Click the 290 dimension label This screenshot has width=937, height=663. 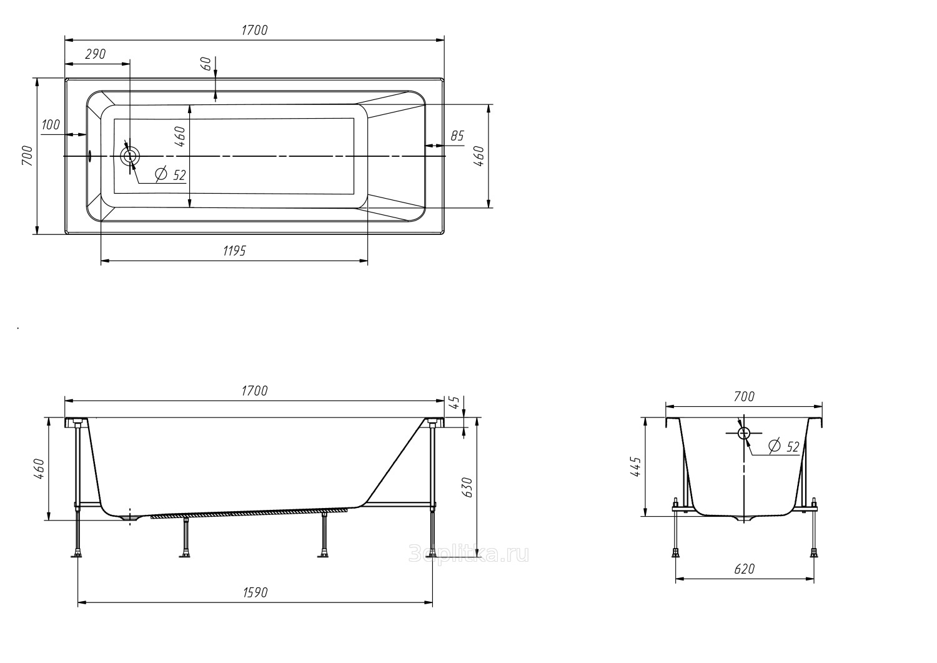96,54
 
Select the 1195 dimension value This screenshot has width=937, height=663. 235,251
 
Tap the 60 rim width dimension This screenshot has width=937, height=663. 207,64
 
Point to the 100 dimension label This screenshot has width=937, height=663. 51,124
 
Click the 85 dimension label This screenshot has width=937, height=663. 457,136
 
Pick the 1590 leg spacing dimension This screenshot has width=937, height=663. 255,592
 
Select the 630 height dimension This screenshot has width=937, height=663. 467,487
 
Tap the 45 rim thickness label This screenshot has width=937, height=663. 455,402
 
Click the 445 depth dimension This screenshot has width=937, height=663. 635,467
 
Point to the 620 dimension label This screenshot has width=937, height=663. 745,569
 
